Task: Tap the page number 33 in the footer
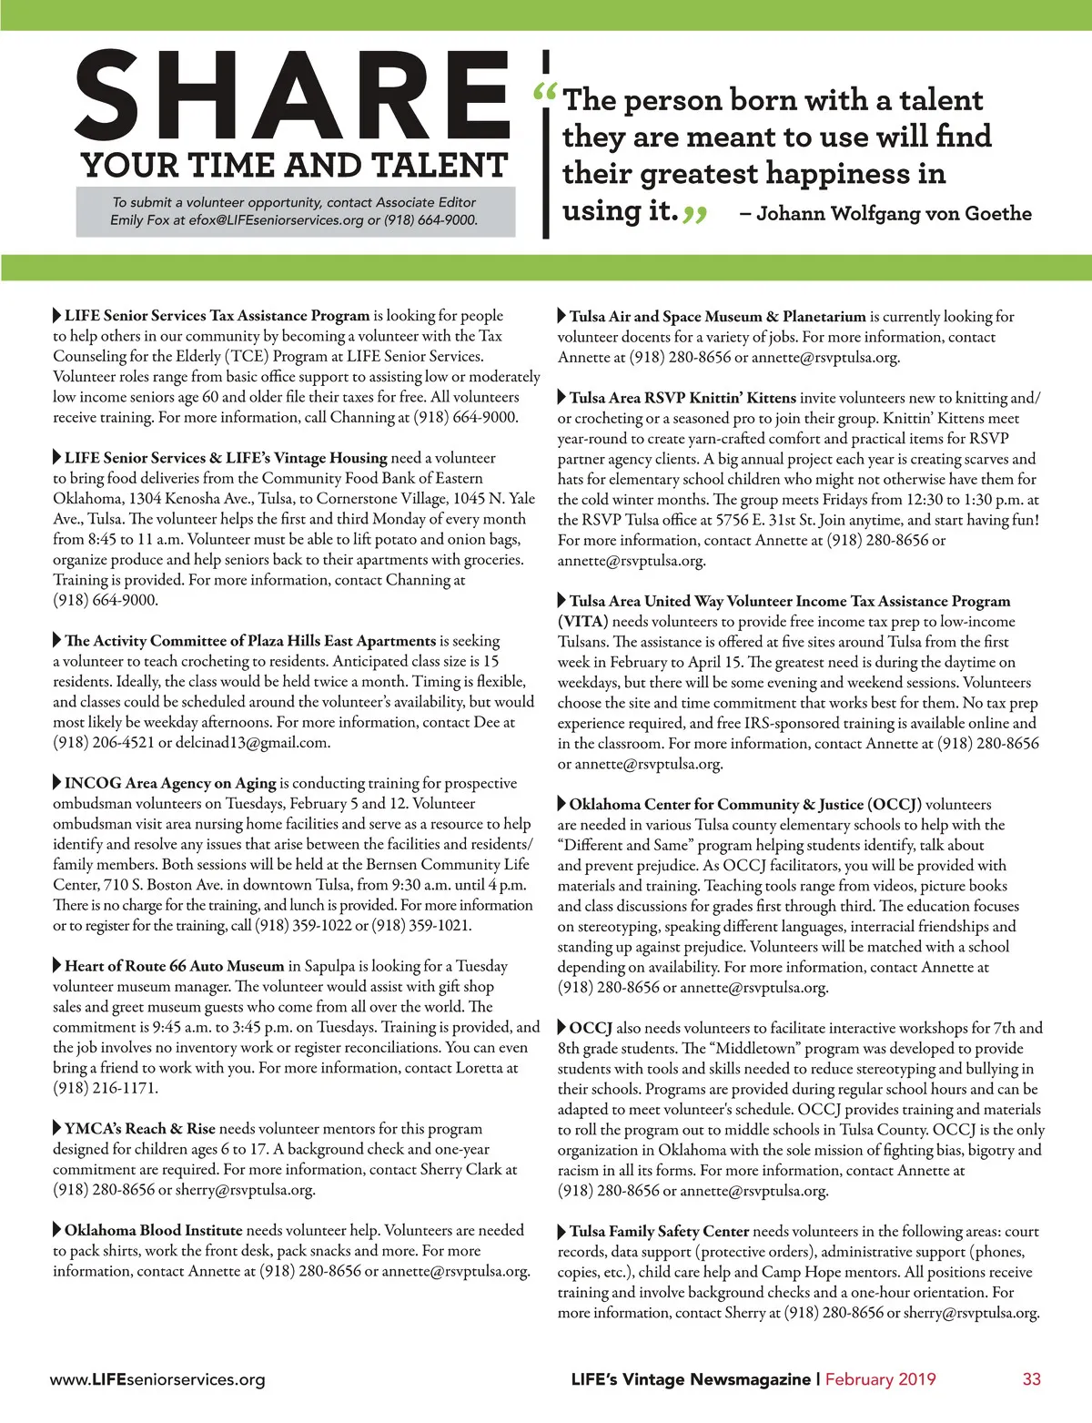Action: click(1031, 1378)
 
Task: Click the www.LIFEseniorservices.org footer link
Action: click(157, 1379)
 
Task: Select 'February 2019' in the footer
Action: click(880, 1378)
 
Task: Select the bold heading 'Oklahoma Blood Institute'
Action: click(153, 1230)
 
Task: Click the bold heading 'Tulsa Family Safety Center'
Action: click(659, 1231)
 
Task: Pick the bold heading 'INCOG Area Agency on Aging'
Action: click(170, 783)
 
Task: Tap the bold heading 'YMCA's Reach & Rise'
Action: click(140, 1129)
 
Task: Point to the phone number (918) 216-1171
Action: click(106, 1088)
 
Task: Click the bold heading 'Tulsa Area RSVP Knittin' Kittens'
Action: click(682, 398)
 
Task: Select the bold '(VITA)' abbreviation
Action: click(582, 622)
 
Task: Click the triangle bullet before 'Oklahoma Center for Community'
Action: click(561, 804)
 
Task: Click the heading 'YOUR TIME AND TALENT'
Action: click(294, 166)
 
